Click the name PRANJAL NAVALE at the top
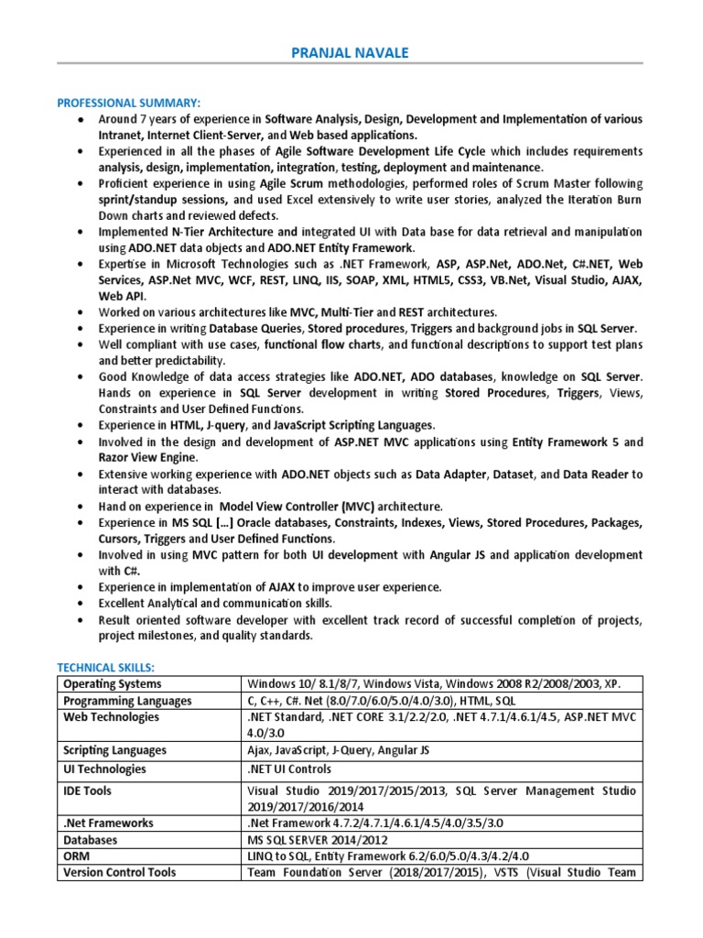pyautogui.click(x=351, y=53)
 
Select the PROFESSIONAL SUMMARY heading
pyautogui.click(x=128, y=102)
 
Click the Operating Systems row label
pyautogui.click(x=112, y=684)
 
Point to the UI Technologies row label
pyautogui.click(x=104, y=769)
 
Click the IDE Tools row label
pyautogui.click(x=90, y=790)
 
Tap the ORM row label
pyautogui.click(x=77, y=856)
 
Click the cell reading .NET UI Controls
pyautogui.click(x=289, y=769)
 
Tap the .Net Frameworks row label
pyautogui.click(x=108, y=823)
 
